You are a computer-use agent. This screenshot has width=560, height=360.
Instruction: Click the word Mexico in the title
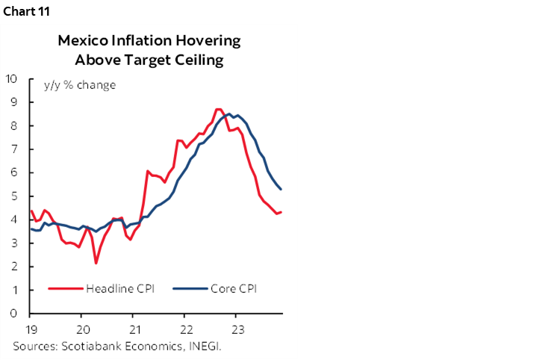(x=83, y=41)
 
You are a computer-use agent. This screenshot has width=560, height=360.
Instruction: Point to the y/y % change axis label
(x=80, y=84)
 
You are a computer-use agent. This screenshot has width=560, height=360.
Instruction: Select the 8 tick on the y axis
(x=15, y=125)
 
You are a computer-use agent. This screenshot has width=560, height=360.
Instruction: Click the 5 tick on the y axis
(x=15, y=196)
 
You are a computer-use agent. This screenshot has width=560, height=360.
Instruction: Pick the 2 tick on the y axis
(x=15, y=267)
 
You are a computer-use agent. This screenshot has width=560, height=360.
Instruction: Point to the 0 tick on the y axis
(x=15, y=314)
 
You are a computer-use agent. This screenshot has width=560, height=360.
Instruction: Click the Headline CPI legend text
(x=119, y=289)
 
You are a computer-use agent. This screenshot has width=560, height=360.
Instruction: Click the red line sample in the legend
(x=65, y=289)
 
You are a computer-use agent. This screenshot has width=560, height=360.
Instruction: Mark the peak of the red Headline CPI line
(x=217, y=109)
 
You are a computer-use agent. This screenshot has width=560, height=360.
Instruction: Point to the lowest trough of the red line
(x=96, y=263)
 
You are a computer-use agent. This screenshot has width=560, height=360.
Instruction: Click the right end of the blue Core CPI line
(x=281, y=189)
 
